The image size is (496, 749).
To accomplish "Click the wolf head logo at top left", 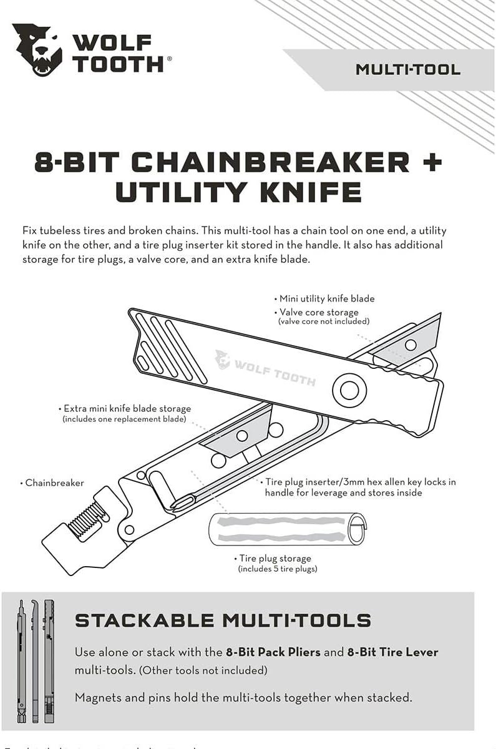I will (37, 49).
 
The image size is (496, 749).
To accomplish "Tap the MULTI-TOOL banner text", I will (408, 69).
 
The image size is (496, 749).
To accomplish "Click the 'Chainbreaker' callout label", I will (54, 482).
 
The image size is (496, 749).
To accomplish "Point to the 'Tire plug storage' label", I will (275, 559).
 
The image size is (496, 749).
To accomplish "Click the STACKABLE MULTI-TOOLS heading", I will (223, 620).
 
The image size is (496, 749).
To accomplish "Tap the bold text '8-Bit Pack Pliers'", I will (273, 652).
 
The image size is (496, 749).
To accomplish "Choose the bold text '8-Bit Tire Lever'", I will (393, 652).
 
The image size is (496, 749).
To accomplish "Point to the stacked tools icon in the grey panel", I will (36, 660).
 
